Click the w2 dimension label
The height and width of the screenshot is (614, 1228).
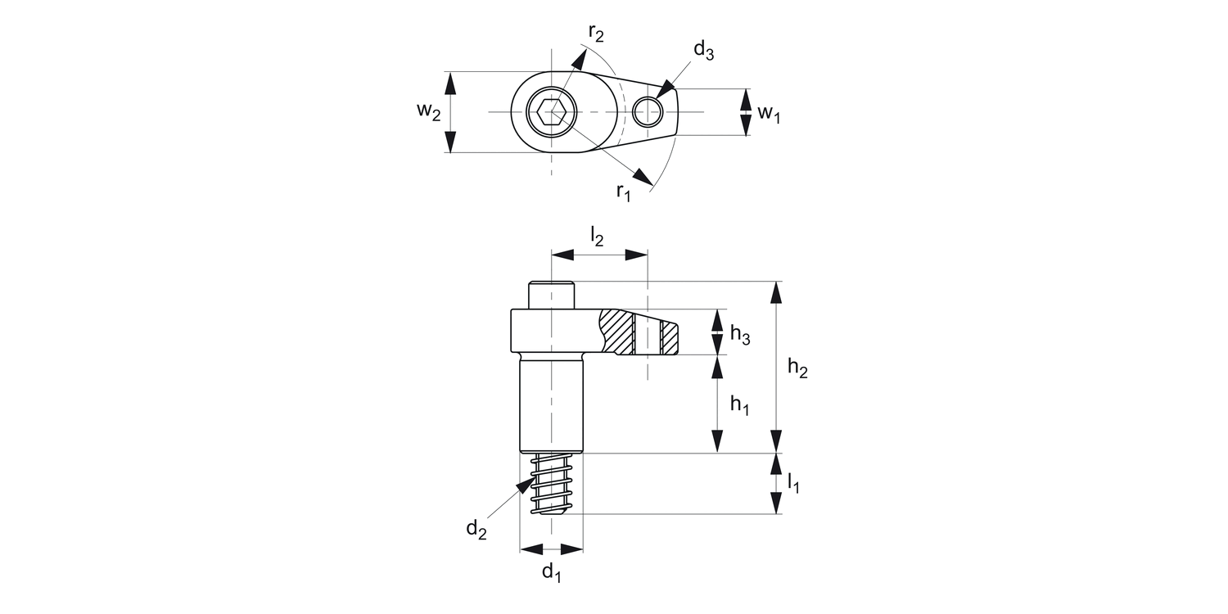pos(427,112)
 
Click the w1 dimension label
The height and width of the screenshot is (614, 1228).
pos(768,113)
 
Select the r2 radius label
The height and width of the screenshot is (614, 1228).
pos(596,34)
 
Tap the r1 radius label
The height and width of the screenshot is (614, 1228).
pos(624,192)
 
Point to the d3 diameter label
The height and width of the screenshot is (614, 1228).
pos(703,51)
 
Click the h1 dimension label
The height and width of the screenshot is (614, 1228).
pos(739,404)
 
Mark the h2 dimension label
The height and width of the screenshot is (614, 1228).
pos(797,369)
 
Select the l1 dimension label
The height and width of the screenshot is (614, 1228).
pos(793,484)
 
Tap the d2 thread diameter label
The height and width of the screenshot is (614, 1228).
pos(476,530)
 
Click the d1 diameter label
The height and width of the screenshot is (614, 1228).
pos(552,572)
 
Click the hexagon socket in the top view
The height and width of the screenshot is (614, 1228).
pos(551,112)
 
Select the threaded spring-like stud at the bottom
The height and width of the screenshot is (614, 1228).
pos(551,485)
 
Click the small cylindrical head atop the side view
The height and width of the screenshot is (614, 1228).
pos(551,295)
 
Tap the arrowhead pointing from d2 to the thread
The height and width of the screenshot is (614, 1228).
pos(524,486)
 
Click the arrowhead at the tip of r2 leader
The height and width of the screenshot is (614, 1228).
pos(580,56)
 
